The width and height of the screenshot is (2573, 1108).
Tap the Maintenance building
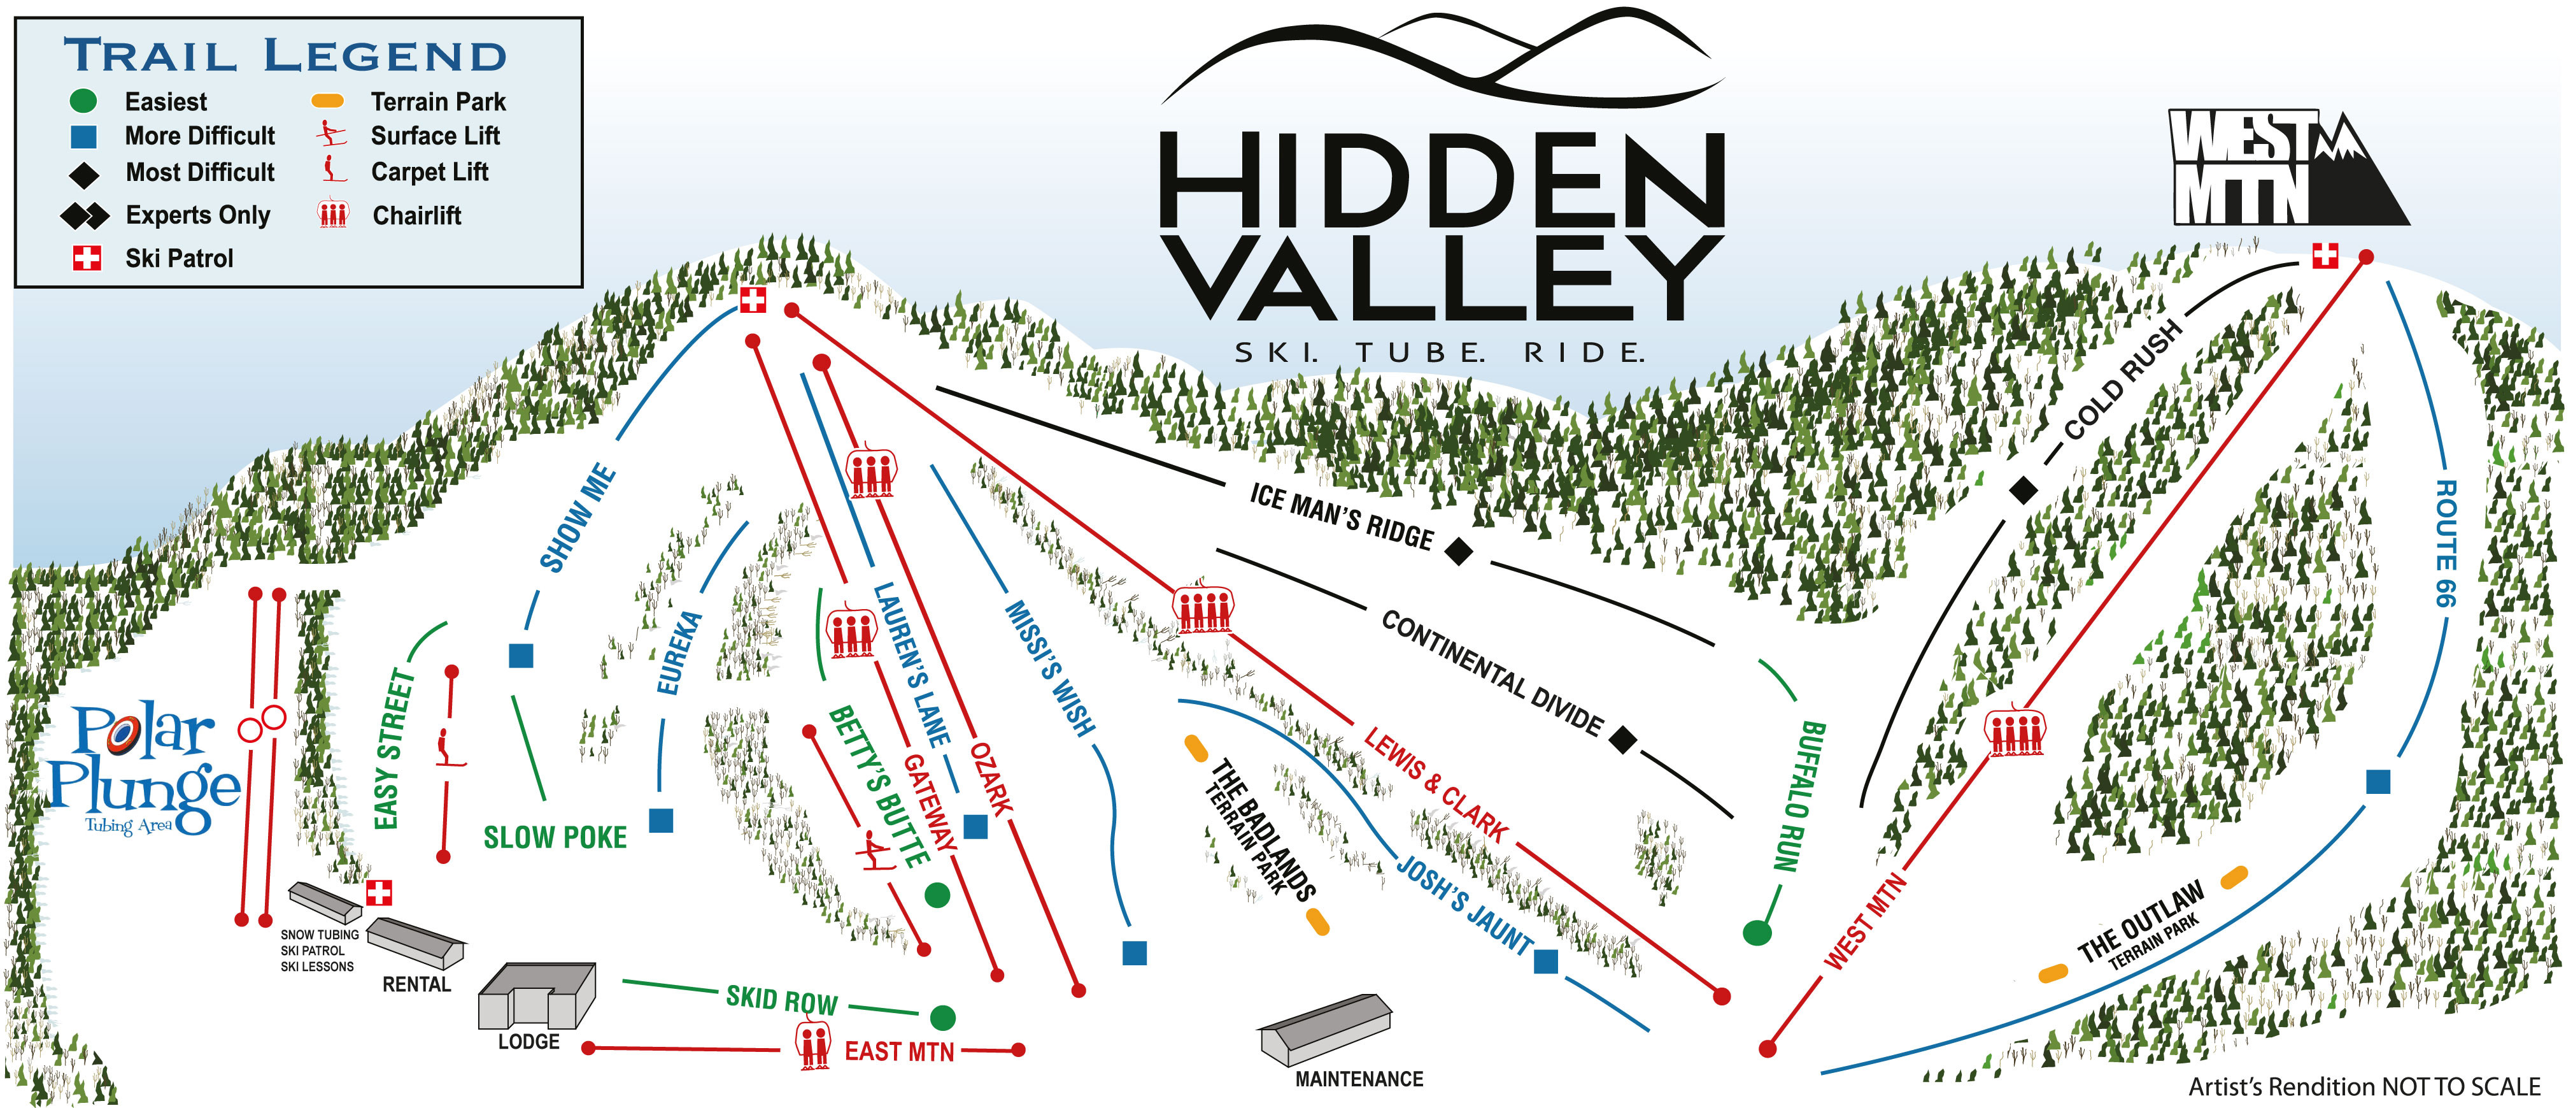pos(1324,1029)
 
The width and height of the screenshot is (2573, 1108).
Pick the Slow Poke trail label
pos(555,837)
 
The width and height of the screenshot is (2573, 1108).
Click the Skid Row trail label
pos(781,999)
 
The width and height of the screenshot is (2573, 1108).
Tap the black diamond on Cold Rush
pos(2023,491)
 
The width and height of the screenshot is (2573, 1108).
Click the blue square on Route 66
pos(2378,781)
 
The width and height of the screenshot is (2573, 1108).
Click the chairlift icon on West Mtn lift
pos(2015,732)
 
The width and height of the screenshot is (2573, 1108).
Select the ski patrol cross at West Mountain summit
pos(2325,255)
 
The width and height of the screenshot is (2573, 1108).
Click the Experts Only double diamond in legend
pos(85,215)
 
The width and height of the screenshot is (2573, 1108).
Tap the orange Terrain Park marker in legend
pos(328,101)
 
